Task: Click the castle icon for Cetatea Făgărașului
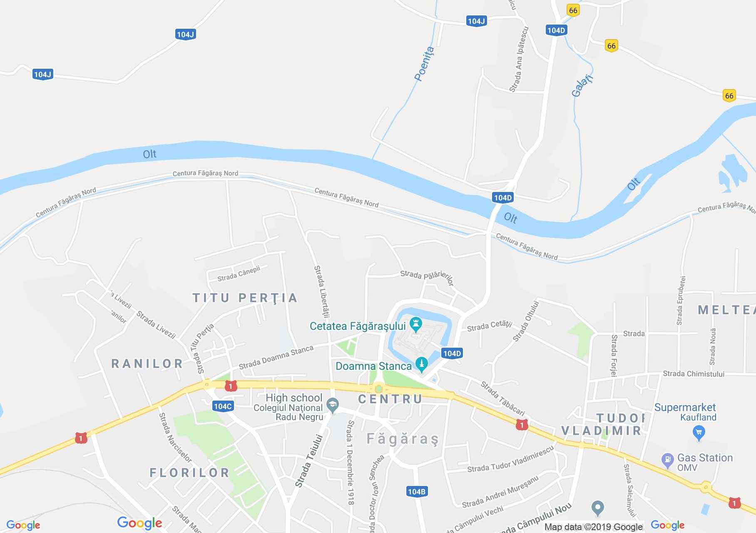[x=416, y=324]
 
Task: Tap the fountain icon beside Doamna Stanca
[x=422, y=364]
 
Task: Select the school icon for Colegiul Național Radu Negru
[x=332, y=404]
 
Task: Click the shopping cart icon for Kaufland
[x=699, y=431]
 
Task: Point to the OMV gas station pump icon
[x=667, y=460]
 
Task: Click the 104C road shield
[x=222, y=406]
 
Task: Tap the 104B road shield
[x=416, y=492]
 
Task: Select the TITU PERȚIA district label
[x=245, y=298]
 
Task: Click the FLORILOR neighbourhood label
[x=189, y=473]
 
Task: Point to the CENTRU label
[x=390, y=399]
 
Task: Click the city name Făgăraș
[x=403, y=439]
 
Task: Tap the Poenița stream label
[x=424, y=63]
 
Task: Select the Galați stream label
[x=582, y=86]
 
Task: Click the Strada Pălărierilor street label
[x=426, y=277]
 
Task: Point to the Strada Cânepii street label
[x=239, y=274]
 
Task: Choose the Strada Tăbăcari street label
[x=502, y=398]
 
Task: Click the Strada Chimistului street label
[x=693, y=374]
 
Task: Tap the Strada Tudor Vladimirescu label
[x=510, y=460]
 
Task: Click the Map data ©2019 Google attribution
[x=593, y=527]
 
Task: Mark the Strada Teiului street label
[x=309, y=461]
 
